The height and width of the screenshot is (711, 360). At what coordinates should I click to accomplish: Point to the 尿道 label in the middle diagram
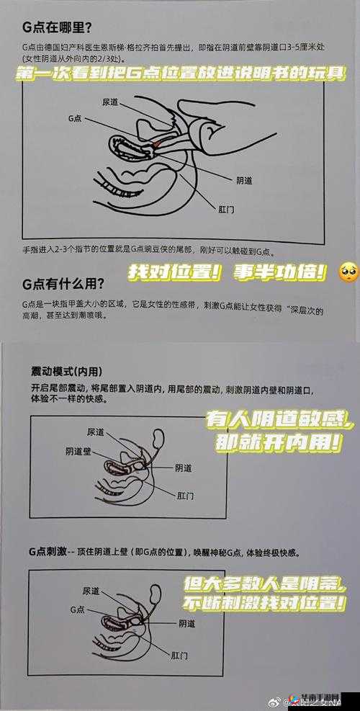click(x=94, y=431)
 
